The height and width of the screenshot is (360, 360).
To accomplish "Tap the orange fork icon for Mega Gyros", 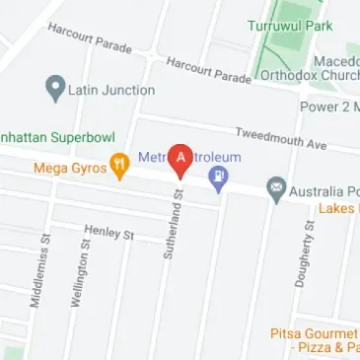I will (120, 167).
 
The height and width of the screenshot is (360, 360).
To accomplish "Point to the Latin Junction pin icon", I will (55, 90).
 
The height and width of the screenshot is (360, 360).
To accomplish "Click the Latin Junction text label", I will (111, 90).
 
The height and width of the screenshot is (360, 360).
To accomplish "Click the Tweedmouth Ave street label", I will (280, 137).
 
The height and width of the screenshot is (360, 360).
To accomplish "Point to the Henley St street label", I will (108, 231).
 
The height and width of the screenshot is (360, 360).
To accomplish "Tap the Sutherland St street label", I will (169, 225).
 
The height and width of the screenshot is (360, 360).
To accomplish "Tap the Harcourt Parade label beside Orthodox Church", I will (208, 71).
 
